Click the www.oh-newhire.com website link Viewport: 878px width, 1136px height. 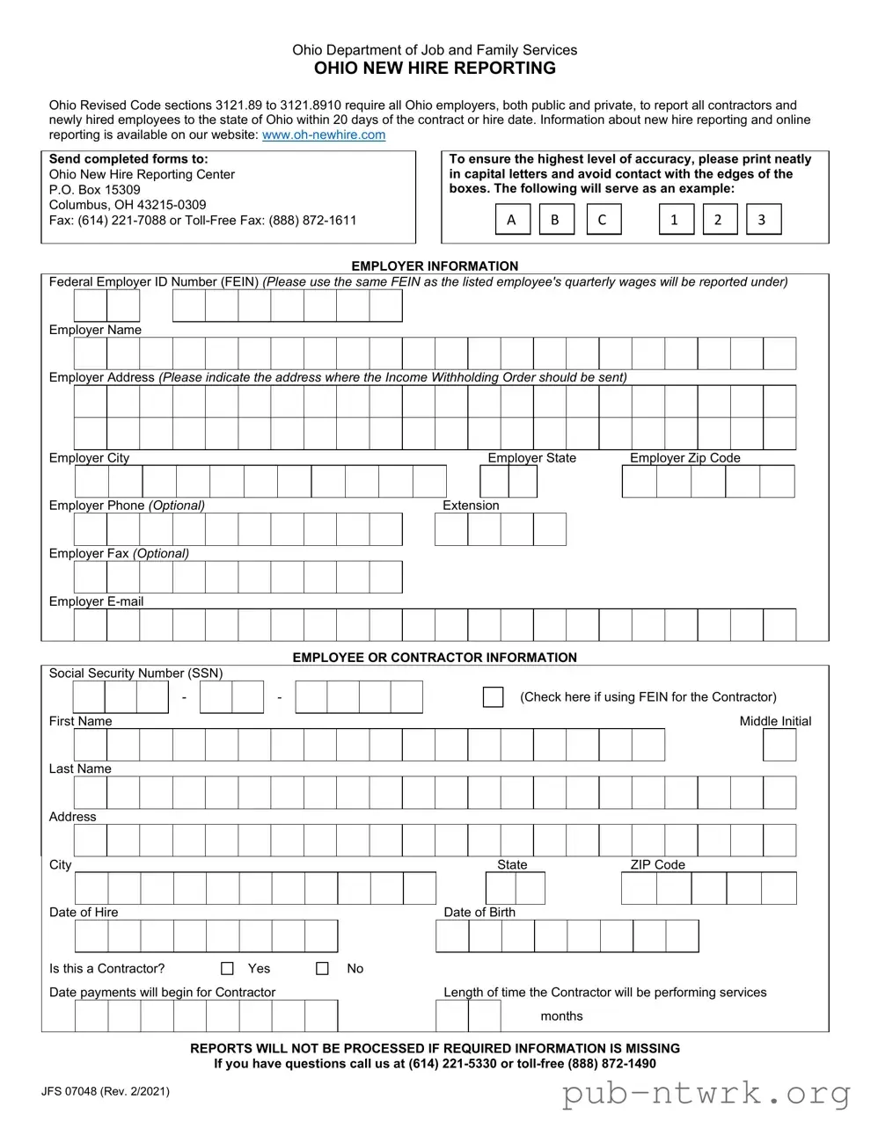click(x=324, y=135)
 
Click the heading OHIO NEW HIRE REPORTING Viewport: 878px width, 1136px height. click(x=435, y=69)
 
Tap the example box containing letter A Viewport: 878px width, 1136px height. click(x=511, y=220)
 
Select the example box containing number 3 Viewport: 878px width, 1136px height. click(x=762, y=220)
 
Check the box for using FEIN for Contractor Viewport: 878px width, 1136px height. click(x=493, y=697)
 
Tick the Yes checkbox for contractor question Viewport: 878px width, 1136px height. click(x=227, y=968)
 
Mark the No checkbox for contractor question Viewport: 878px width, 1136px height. click(x=322, y=968)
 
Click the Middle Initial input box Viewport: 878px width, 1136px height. click(x=779, y=745)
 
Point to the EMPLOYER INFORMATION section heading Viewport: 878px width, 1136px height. click(x=435, y=266)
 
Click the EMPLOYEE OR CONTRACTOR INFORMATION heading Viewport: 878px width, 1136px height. click(x=435, y=657)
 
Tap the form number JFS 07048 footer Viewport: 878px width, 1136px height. click(x=105, y=1091)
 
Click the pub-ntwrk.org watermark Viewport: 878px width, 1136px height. click(x=706, y=1094)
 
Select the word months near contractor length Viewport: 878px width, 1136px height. click(x=561, y=1016)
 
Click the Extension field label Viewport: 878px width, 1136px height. click(x=471, y=506)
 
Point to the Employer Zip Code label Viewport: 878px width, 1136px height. click(x=684, y=458)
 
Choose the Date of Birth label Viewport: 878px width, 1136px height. click(x=479, y=912)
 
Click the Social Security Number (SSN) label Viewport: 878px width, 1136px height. click(x=135, y=673)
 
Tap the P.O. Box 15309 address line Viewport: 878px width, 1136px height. click(x=94, y=189)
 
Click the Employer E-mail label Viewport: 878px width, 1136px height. click(x=96, y=601)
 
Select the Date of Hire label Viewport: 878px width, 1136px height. click(x=84, y=912)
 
